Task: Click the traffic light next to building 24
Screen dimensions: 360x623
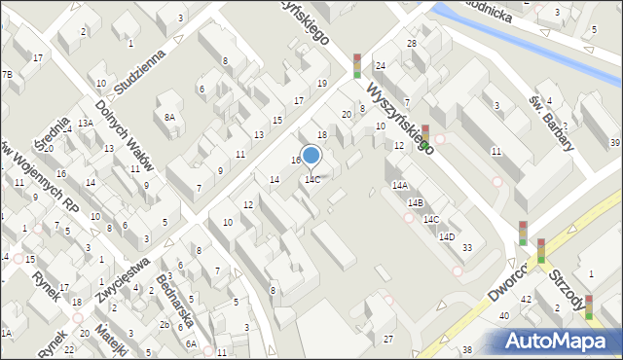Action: point(357,65)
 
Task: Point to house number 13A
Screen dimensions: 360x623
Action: point(86,123)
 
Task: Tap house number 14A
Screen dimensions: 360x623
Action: point(399,185)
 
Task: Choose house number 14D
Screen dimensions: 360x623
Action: point(446,236)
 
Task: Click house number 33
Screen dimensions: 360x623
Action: point(467,248)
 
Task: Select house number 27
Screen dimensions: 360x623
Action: point(388,338)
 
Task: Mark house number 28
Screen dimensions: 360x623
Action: point(412,44)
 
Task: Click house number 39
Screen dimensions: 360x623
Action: point(614,143)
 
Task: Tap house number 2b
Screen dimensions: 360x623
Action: point(165,324)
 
